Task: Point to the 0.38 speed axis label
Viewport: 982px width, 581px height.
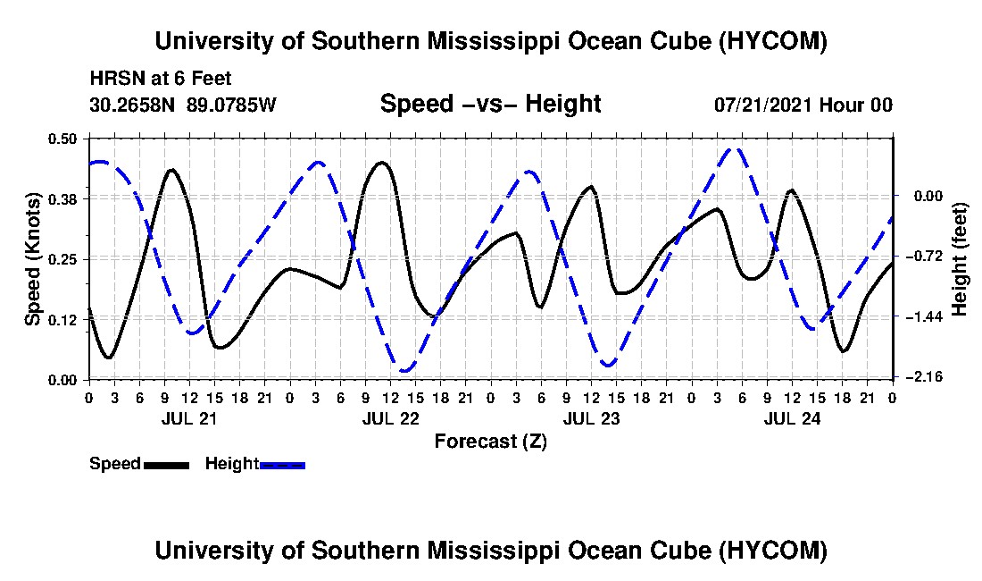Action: tap(62, 199)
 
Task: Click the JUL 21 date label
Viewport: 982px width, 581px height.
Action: tap(189, 418)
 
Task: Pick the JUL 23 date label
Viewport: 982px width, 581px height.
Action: tap(591, 418)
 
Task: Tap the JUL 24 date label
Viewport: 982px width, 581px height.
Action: tap(792, 418)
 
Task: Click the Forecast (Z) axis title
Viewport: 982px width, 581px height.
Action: tap(491, 442)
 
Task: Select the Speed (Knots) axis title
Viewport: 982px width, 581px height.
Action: tap(32, 259)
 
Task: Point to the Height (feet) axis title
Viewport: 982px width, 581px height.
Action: tap(959, 259)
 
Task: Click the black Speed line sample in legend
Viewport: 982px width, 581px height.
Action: tap(166, 465)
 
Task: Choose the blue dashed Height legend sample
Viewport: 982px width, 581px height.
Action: tap(282, 465)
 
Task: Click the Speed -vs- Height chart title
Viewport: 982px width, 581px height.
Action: tap(491, 104)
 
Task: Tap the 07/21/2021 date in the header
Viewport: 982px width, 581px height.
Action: tap(764, 105)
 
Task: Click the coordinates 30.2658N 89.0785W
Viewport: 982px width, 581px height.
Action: tap(183, 105)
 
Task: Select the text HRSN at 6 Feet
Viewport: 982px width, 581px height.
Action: tap(161, 79)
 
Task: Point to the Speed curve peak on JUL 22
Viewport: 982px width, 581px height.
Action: tap(382, 163)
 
